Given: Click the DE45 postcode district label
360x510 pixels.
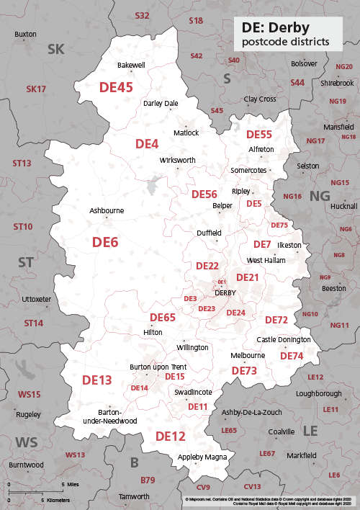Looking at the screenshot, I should (115, 87).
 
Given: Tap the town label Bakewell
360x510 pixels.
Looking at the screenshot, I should (131, 65).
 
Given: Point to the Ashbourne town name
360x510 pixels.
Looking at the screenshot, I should (106, 211).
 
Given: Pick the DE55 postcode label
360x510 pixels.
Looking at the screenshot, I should (259, 135).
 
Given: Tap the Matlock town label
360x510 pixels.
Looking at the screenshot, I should (186, 133).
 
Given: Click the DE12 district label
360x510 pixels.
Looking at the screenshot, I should (171, 436).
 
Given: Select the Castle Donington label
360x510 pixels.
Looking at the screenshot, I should (284, 339).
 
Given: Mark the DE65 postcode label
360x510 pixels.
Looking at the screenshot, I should (162, 317).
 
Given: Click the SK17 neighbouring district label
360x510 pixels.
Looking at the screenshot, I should (36, 89).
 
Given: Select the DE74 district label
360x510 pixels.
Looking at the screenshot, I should (292, 356).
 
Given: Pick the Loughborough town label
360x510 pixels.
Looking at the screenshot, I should (319, 393).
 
